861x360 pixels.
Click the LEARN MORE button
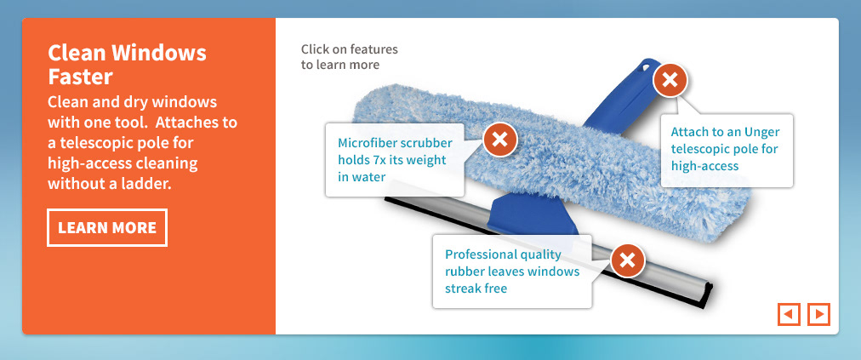107,227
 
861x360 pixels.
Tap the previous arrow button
789,314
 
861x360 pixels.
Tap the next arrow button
818,314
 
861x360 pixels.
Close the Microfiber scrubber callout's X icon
499,140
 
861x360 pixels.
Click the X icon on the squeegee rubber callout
628,260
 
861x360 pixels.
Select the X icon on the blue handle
670,80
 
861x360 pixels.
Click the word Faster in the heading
80,77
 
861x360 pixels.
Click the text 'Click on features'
349,49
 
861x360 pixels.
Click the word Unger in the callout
761,132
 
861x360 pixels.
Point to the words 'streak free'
476,289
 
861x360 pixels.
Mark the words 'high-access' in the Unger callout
704,166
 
